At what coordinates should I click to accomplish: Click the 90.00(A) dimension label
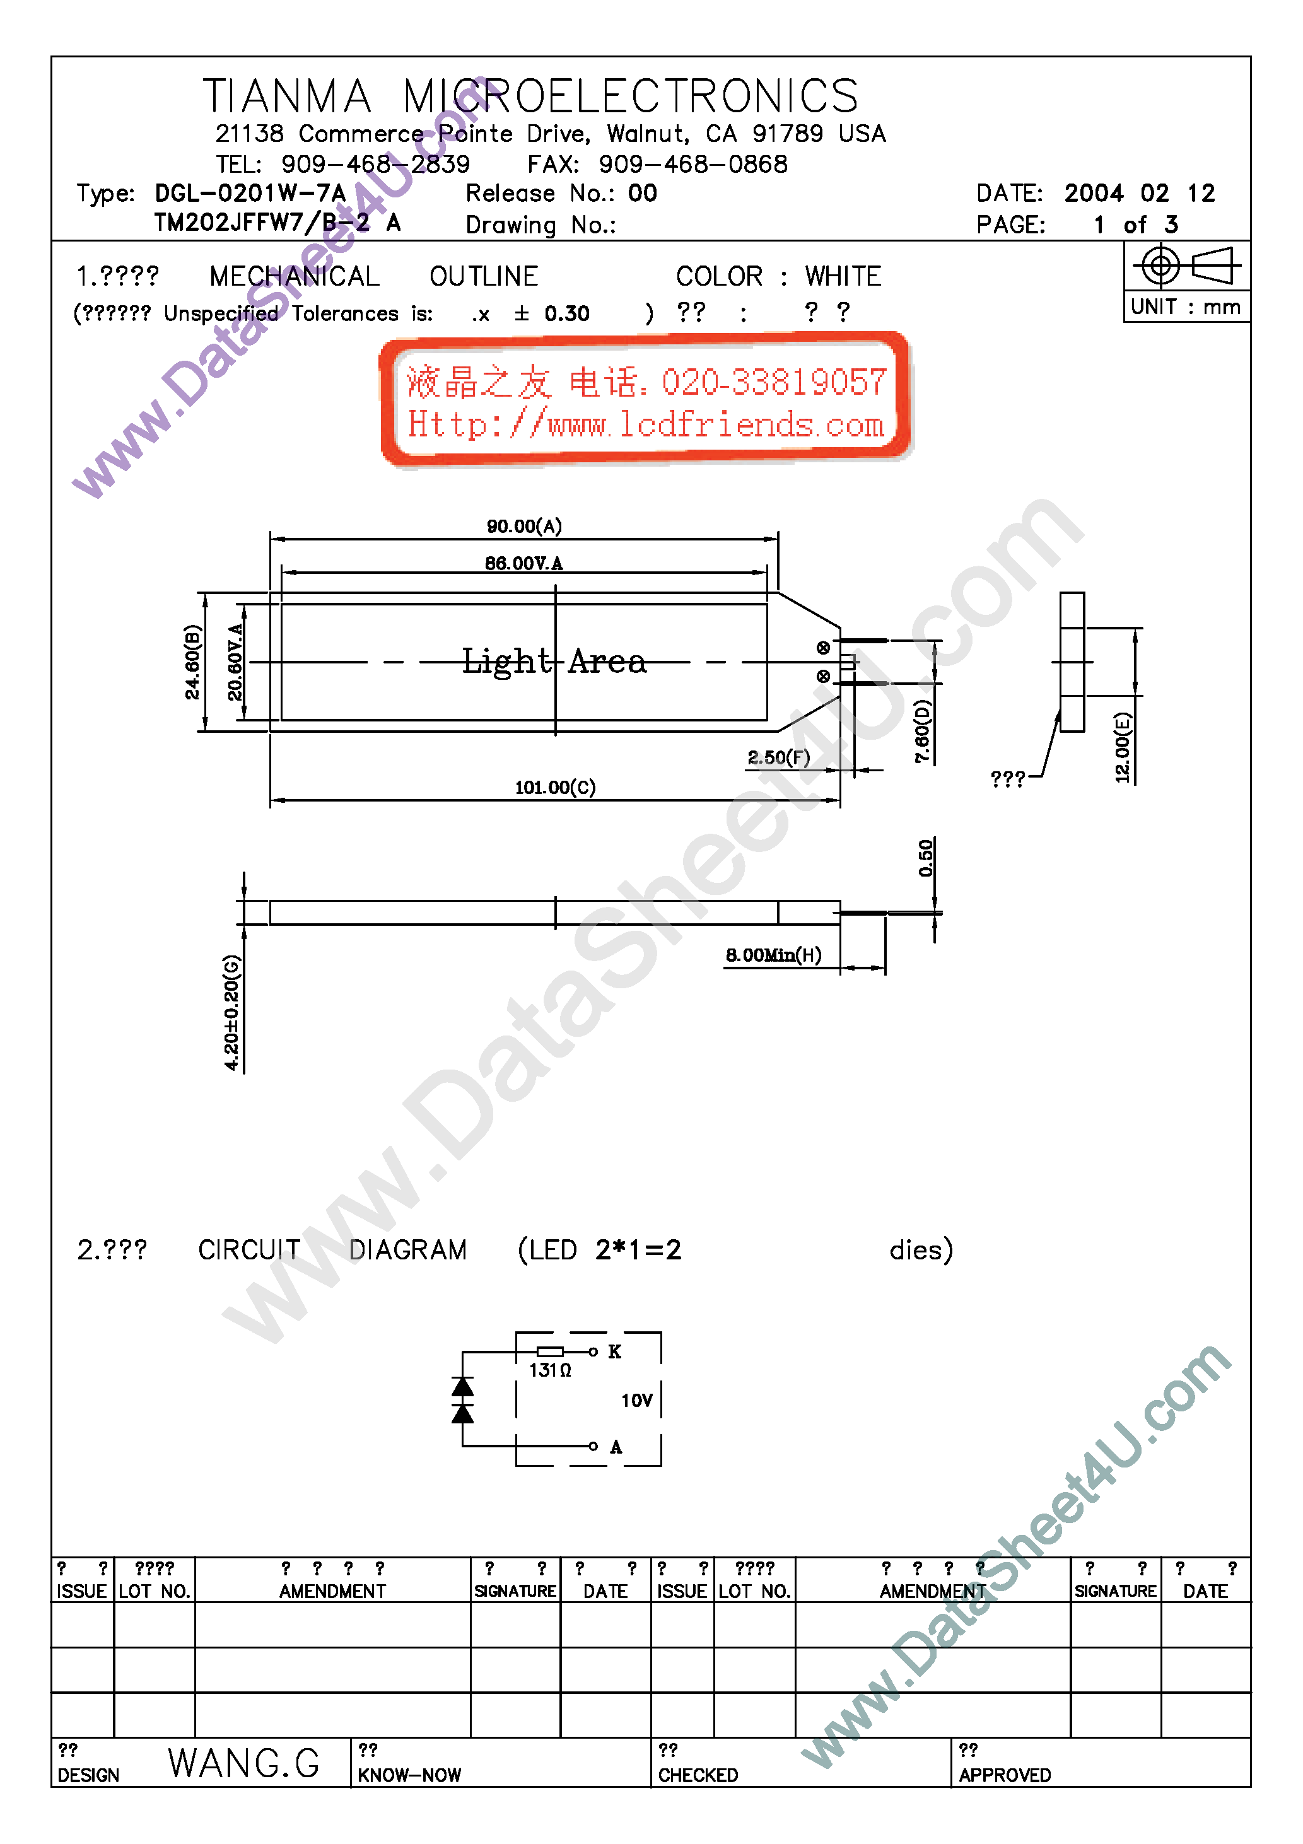point(523,526)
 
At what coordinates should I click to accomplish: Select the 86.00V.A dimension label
point(523,563)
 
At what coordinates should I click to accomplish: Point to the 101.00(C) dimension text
point(555,787)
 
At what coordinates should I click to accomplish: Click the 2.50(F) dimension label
point(778,757)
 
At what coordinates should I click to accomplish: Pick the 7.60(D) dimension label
point(923,731)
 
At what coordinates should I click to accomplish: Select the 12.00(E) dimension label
point(1122,747)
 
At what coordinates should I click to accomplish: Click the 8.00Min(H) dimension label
point(773,955)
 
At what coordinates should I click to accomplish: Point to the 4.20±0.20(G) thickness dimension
point(231,1012)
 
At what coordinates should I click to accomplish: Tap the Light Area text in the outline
point(554,662)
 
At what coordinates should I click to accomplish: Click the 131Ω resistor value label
point(549,1370)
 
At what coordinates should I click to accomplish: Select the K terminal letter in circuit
point(614,1351)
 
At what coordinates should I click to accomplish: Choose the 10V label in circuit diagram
point(636,1401)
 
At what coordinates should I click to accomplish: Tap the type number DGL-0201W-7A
point(250,194)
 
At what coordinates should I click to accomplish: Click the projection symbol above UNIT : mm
point(1186,266)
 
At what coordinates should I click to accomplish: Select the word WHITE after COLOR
point(843,276)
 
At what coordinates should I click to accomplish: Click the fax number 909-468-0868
point(692,165)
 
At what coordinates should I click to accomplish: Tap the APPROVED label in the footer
point(1004,1775)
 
